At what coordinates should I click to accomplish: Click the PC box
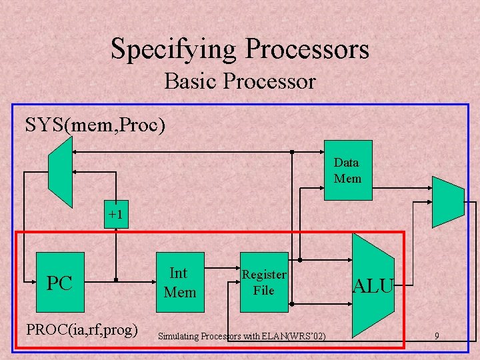(60, 283)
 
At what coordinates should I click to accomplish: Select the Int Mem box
(180, 283)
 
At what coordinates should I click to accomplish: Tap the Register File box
(264, 283)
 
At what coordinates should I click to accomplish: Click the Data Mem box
(347, 171)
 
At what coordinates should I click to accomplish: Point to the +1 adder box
(117, 215)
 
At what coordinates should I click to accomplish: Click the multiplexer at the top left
(61, 176)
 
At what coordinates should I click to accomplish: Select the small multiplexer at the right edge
(447, 201)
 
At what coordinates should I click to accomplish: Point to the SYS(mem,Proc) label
(95, 125)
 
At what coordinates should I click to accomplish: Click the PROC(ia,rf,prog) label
(81, 329)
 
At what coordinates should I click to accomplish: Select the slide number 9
(436, 337)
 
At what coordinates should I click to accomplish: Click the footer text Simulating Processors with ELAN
(241, 337)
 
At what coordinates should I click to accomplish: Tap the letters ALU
(373, 287)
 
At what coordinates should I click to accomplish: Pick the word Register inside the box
(264, 275)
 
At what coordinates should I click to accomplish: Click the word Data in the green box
(347, 163)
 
